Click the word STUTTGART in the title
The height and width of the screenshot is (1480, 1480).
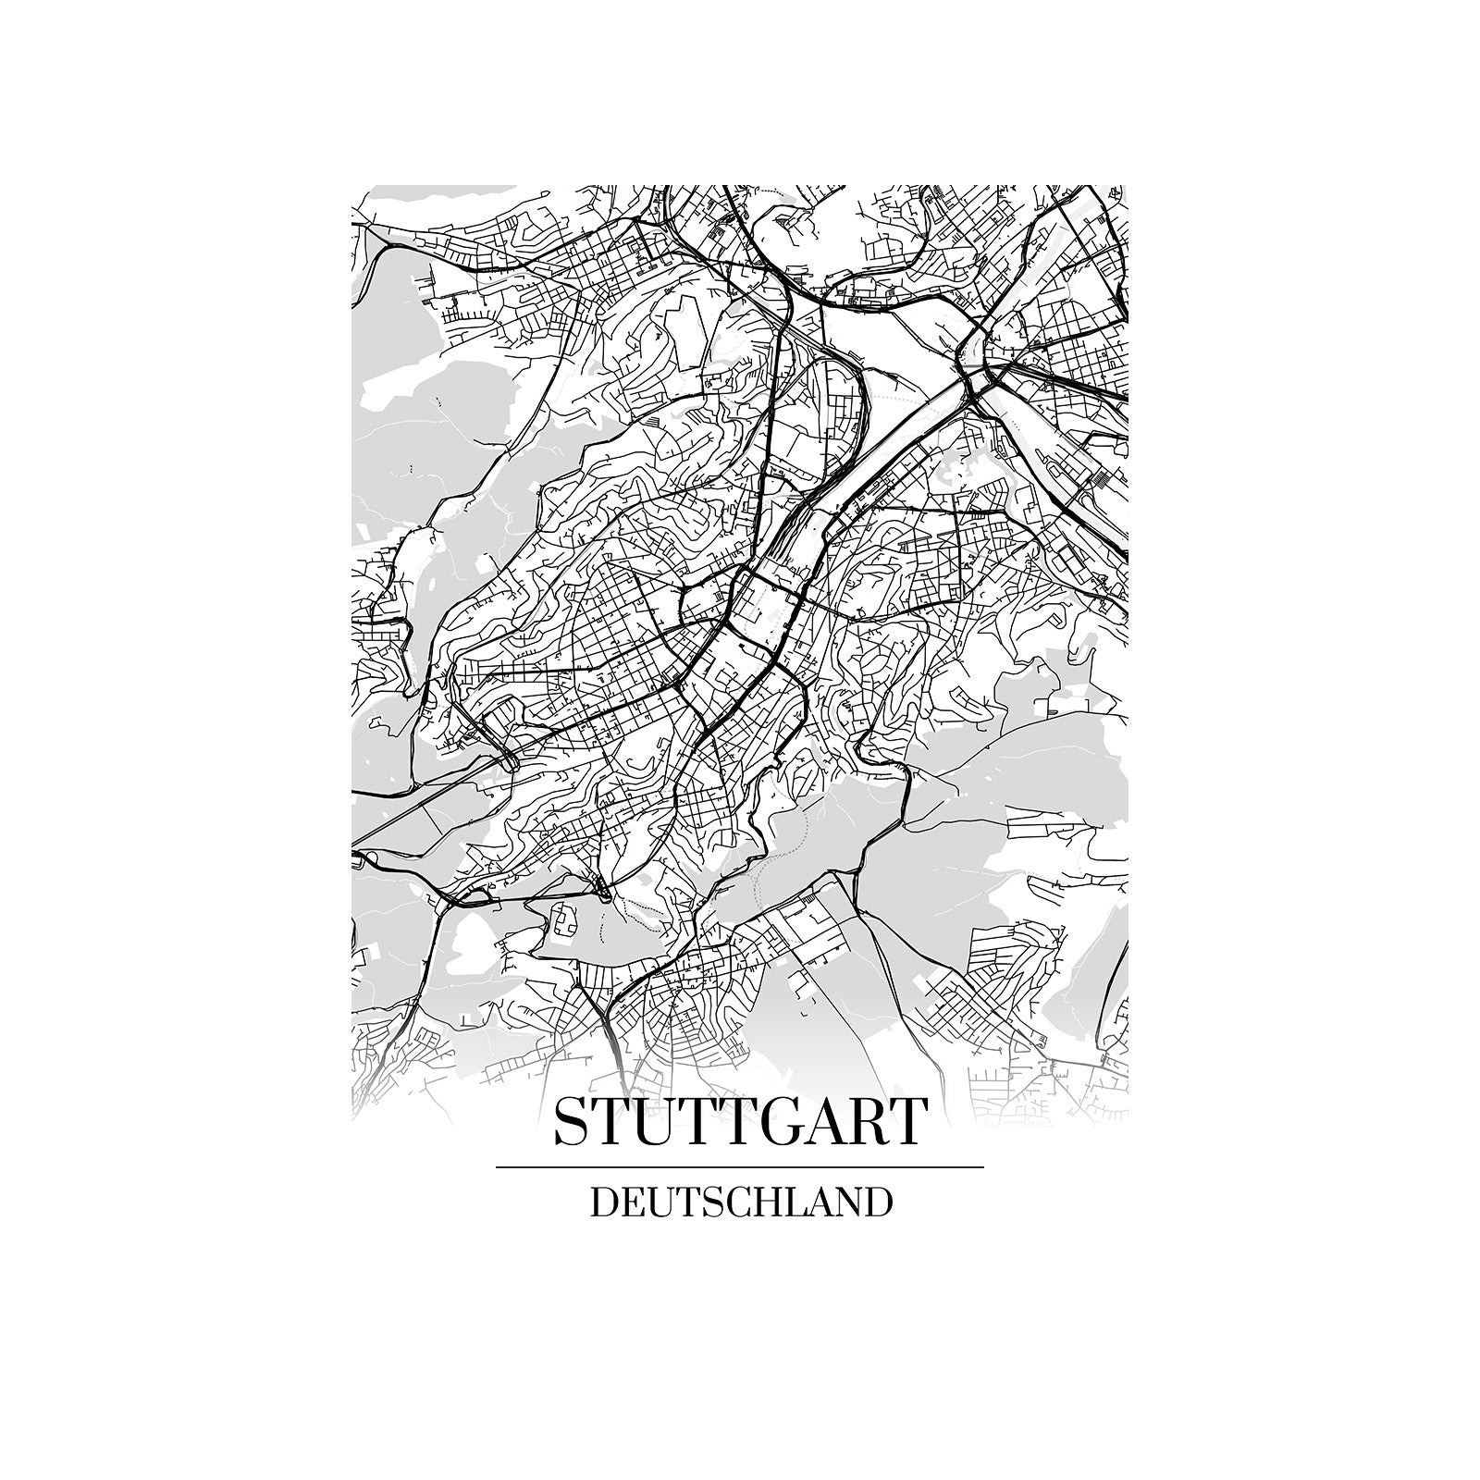pos(739,1121)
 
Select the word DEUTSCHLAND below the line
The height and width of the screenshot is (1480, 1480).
pos(741,1202)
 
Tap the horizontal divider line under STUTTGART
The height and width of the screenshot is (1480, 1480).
pos(739,1167)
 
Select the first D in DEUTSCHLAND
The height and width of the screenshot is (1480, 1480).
pos(602,1202)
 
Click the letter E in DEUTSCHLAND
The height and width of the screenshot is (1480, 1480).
pos(631,1202)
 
